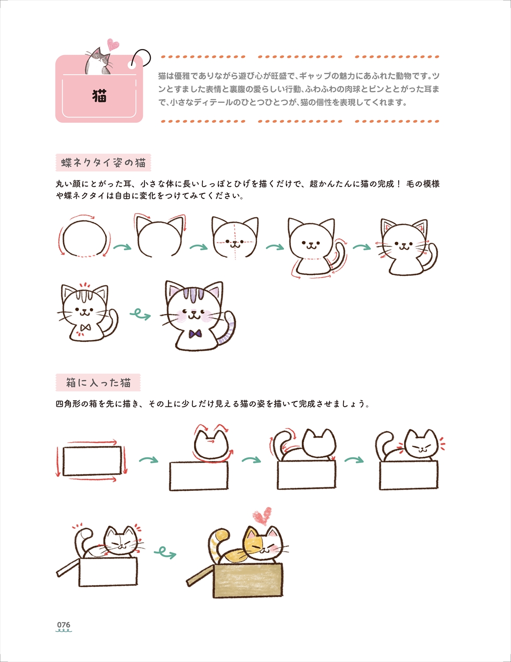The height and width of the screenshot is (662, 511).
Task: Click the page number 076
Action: pos(63,624)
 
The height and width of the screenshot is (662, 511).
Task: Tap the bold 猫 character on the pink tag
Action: pos(99,96)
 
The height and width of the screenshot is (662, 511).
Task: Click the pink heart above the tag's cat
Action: pos(113,45)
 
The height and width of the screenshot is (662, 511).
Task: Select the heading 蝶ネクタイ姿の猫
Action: pos(103,163)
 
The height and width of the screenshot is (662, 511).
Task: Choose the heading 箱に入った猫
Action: pos(98,382)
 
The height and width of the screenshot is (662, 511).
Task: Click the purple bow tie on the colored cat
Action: pos(195,334)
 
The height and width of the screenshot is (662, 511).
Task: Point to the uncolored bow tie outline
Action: pos(86,327)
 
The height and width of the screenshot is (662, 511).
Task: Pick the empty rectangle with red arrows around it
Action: pos(92,461)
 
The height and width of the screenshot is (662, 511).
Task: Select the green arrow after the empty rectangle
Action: pos(149,459)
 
